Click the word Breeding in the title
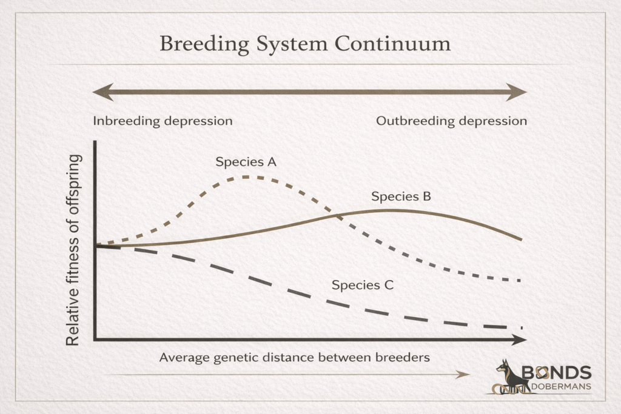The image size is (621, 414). point(204,44)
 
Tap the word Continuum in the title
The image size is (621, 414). point(392,44)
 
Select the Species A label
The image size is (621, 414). point(246,162)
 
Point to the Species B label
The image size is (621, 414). point(401,197)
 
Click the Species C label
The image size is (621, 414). point(363,285)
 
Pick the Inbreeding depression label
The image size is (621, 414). point(163,121)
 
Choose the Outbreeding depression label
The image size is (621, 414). point(451,121)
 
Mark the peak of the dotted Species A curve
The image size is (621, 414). point(246,177)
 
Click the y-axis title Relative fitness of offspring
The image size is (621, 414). point(73,250)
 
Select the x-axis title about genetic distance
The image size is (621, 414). point(294,358)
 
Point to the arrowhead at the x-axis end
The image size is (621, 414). point(519,339)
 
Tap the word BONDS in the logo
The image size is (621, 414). point(557,372)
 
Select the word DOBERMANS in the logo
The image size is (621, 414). point(561,387)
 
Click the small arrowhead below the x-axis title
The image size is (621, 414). point(463,375)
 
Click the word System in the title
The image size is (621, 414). point(292,44)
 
